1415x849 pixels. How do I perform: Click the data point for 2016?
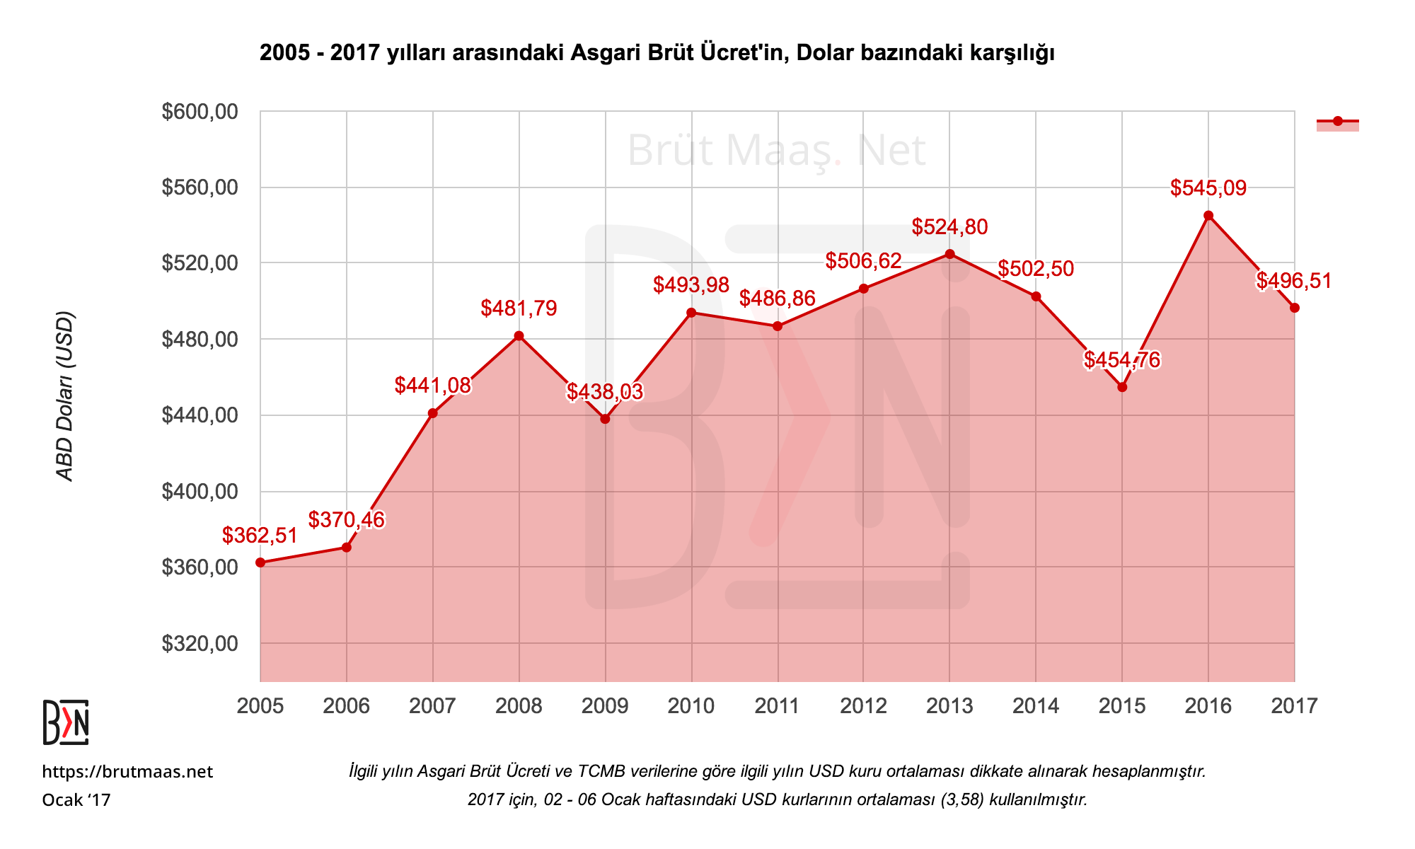(1208, 216)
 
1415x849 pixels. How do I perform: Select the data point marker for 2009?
(605, 419)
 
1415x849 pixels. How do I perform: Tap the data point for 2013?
(949, 254)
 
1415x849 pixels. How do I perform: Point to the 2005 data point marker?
(260, 562)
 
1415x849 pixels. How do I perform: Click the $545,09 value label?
(1208, 188)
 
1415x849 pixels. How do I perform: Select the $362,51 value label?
(260, 536)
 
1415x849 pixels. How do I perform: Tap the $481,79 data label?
(519, 308)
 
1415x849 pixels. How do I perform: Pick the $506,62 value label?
(863, 261)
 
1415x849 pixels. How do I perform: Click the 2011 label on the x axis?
(778, 705)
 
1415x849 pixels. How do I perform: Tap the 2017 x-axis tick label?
(1294, 705)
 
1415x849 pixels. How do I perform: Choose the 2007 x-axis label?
(432, 705)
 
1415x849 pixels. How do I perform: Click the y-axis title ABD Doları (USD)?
(65, 396)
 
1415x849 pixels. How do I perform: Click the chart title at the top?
(657, 53)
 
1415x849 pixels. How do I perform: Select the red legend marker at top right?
(1337, 122)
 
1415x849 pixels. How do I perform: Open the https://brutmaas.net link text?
(127, 772)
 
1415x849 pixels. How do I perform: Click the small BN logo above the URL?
(66, 722)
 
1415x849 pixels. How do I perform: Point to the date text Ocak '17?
(76, 800)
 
